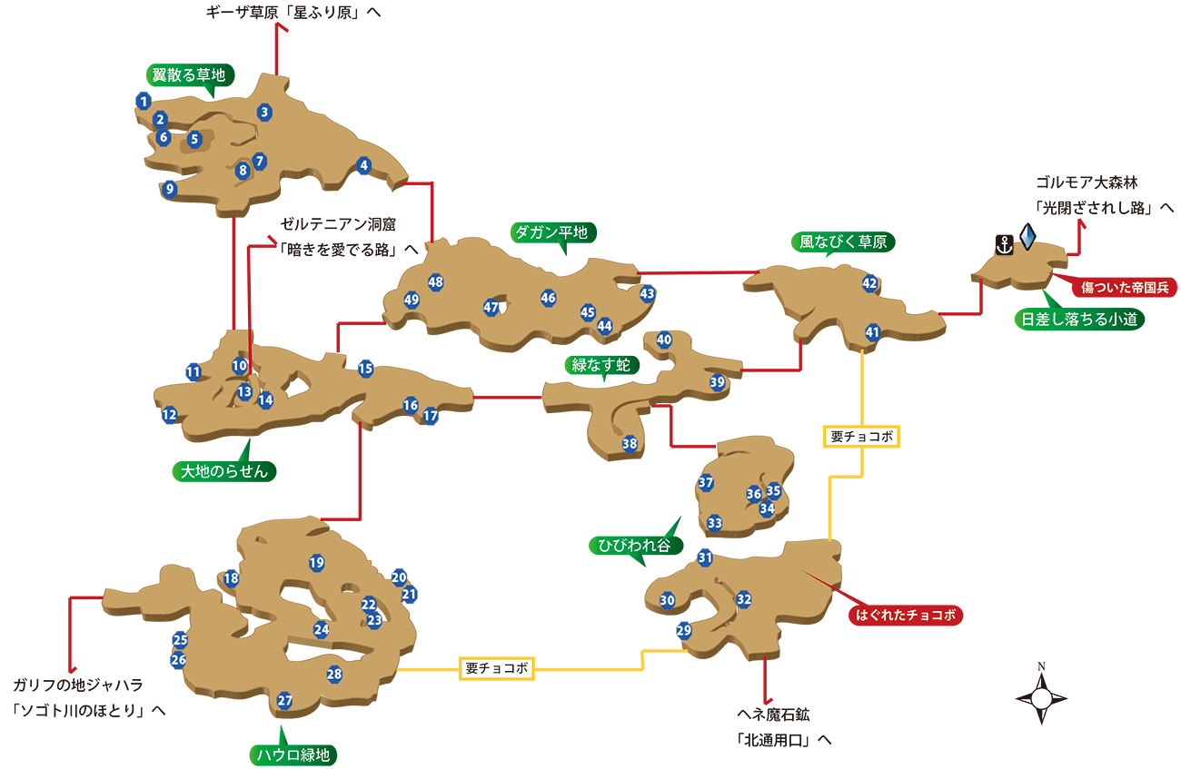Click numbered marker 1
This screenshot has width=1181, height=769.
[x=144, y=102]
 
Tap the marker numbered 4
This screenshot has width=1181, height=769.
[x=364, y=165]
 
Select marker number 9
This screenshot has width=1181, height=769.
[x=169, y=190]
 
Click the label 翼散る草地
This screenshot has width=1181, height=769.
[x=188, y=75]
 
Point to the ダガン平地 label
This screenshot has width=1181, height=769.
[x=551, y=232]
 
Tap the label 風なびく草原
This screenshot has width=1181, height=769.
[x=843, y=242]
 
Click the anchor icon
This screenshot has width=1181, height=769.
[x=1004, y=244]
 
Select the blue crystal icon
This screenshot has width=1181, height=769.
[x=1027, y=236]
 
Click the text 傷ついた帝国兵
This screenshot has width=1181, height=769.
[x=1125, y=288]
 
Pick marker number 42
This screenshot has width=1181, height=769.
[x=869, y=284]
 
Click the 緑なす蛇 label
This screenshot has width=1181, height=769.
[x=600, y=365]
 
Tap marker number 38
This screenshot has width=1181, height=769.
[x=630, y=444]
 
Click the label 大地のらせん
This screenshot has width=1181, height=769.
[x=224, y=471]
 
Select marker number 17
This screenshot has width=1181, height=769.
[x=430, y=416]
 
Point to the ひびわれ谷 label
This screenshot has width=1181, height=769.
[x=634, y=546]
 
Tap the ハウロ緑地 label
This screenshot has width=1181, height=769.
[x=293, y=755]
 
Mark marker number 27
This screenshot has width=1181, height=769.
[x=284, y=701]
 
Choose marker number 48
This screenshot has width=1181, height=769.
[x=435, y=282]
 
